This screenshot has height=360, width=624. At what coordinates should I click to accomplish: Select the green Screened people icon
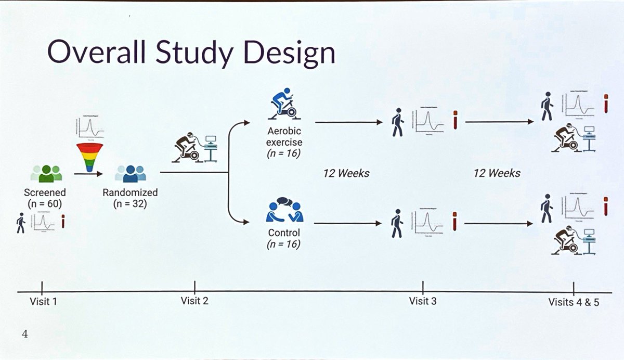click(45, 174)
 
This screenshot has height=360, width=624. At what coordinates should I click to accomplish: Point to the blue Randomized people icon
click(129, 174)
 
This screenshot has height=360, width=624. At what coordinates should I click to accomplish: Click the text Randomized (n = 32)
click(129, 198)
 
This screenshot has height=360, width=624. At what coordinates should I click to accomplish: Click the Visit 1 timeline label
click(44, 301)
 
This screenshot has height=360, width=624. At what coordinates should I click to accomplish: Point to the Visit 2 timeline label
click(194, 300)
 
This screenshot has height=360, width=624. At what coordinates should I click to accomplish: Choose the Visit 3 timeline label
click(423, 300)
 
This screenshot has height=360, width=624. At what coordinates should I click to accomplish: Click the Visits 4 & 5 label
click(574, 301)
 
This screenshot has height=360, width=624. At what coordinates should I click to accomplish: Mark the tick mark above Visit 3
click(423, 286)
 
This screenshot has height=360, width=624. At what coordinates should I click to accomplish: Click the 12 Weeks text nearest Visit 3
click(346, 173)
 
